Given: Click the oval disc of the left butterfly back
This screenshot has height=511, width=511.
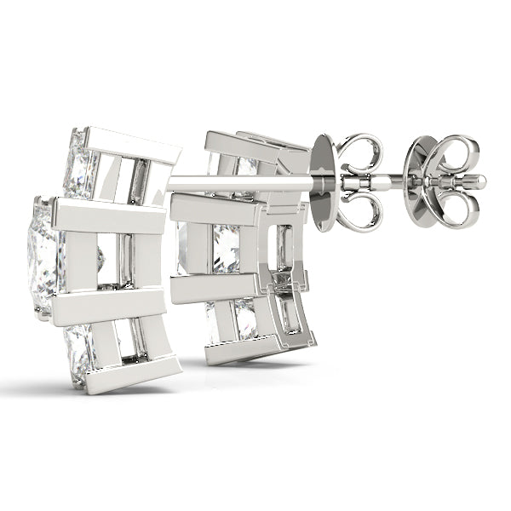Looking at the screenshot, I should [323, 182].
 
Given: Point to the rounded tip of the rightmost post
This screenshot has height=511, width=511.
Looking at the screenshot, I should [481, 181].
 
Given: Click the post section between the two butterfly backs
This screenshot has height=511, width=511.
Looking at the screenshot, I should [396, 181].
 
